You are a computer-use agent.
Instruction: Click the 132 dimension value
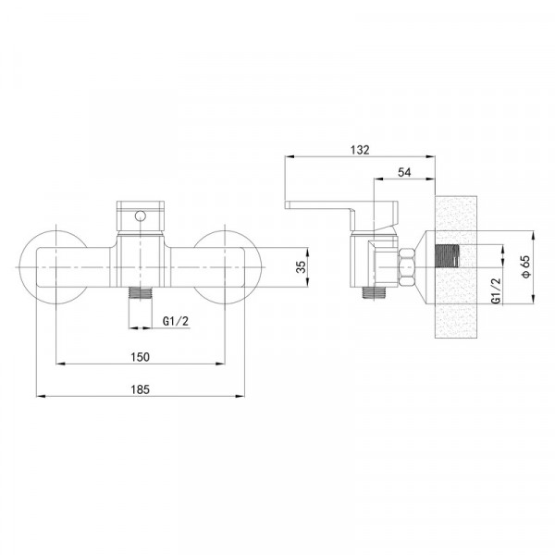click(360, 150)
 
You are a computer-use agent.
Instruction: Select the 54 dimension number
click(404, 172)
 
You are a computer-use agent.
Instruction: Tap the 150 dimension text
click(141, 357)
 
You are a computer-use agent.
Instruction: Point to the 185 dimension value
click(141, 389)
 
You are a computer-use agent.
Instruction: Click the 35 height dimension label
click(301, 267)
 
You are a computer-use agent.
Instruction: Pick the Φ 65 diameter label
click(525, 266)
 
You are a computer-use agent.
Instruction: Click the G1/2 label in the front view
click(176, 321)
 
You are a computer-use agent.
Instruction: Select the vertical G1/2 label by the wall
click(497, 290)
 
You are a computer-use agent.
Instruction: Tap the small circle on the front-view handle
click(141, 216)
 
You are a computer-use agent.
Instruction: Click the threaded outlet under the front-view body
click(141, 293)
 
